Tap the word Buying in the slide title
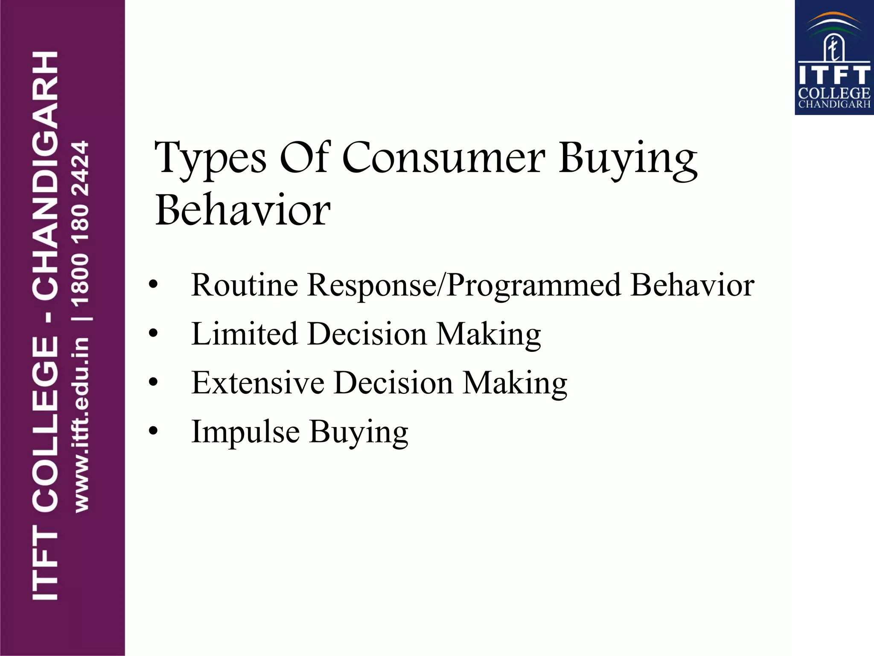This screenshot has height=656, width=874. pos(628,159)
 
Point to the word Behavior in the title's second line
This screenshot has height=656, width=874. pos(243,210)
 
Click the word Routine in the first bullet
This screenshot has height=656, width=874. pos(245,285)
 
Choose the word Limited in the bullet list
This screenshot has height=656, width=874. pos(244,334)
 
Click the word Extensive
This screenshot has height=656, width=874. pos(257,382)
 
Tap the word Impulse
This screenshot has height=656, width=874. pos(245,432)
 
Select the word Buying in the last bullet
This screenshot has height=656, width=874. pos(358,432)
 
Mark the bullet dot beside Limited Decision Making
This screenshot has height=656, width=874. pos(153,334)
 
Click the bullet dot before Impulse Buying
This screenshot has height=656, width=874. pos(153,431)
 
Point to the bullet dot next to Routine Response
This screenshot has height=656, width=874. pos(153,284)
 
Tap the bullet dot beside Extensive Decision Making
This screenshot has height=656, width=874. pos(153,382)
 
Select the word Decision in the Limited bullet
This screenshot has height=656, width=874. pos(367,334)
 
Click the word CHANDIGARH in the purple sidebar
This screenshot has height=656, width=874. pos(45,175)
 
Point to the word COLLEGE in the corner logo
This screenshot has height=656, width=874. pos(834,93)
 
